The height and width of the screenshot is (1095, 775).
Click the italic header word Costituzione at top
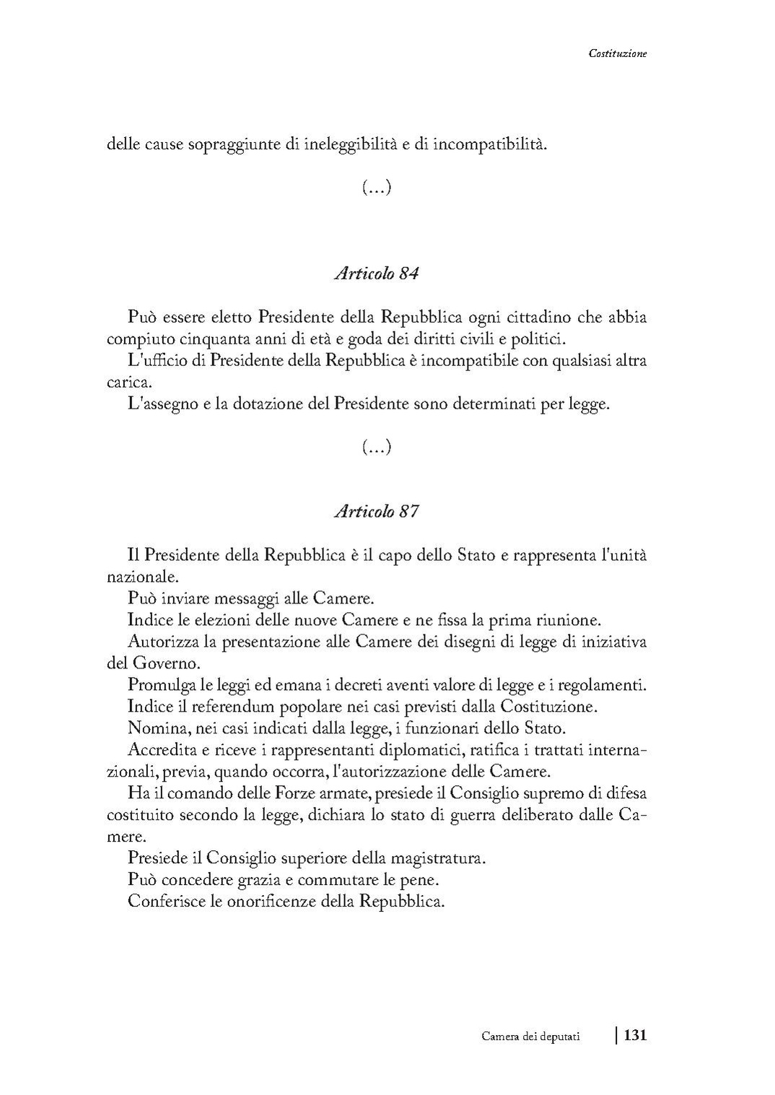click(617, 53)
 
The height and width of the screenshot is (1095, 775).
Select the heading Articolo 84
click(377, 274)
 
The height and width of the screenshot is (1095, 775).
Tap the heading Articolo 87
click(377, 511)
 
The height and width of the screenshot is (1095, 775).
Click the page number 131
click(635, 1035)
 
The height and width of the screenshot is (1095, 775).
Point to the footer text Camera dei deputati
click(531, 1037)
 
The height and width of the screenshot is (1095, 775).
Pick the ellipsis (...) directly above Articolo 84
click(376, 188)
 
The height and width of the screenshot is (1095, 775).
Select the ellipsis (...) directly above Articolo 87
click(376, 448)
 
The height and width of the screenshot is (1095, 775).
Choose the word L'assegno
click(159, 404)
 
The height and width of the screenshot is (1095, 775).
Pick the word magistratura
click(437, 859)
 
